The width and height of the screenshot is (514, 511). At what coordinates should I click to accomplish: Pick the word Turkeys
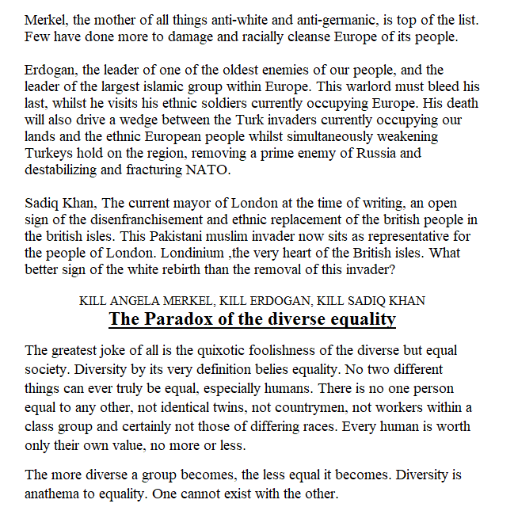tap(50, 153)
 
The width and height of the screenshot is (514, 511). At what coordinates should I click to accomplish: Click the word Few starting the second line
tap(36, 37)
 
